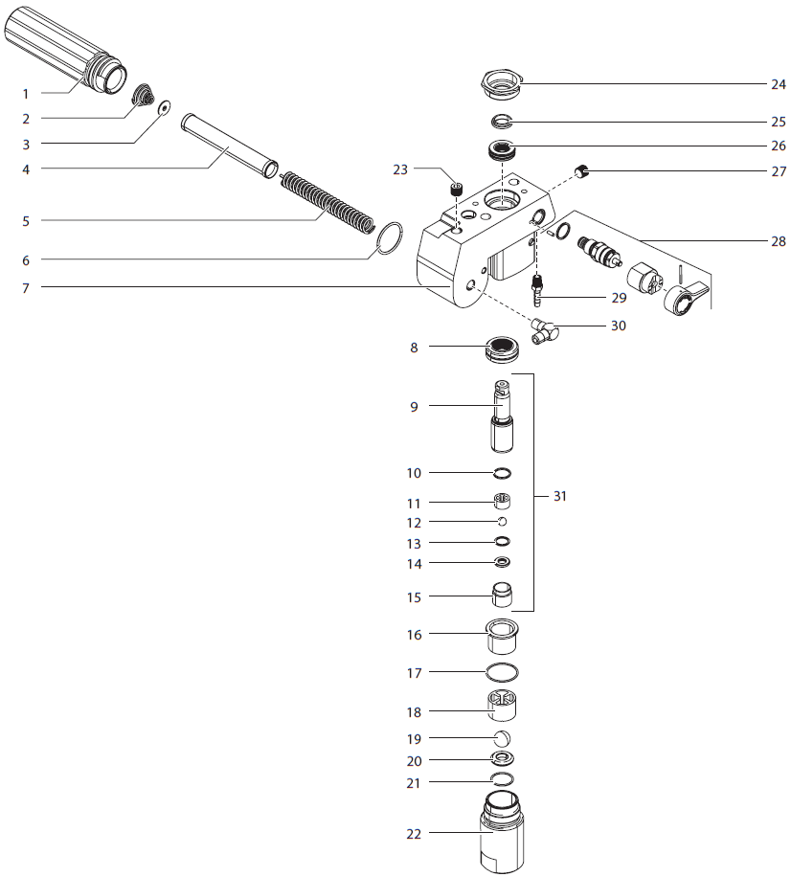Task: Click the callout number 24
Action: (x=778, y=83)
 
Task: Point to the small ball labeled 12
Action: (x=502, y=521)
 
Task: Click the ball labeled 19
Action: (x=502, y=738)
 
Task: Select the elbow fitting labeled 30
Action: (x=546, y=332)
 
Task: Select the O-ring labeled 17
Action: (x=502, y=671)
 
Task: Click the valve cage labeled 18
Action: (x=502, y=706)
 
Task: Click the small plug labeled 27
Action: (x=580, y=171)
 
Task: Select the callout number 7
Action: (x=26, y=287)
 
